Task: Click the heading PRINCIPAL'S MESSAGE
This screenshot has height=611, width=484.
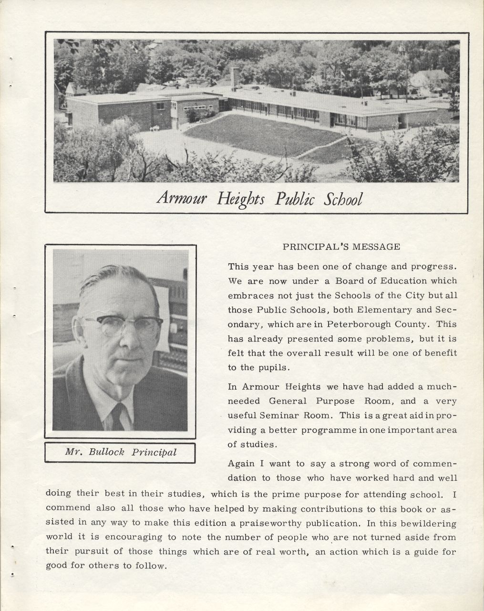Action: [341, 247]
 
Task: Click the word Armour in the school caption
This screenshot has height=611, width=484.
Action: [181, 198]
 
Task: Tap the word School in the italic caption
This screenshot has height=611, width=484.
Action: [343, 198]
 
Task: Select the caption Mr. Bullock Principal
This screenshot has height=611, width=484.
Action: [120, 452]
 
